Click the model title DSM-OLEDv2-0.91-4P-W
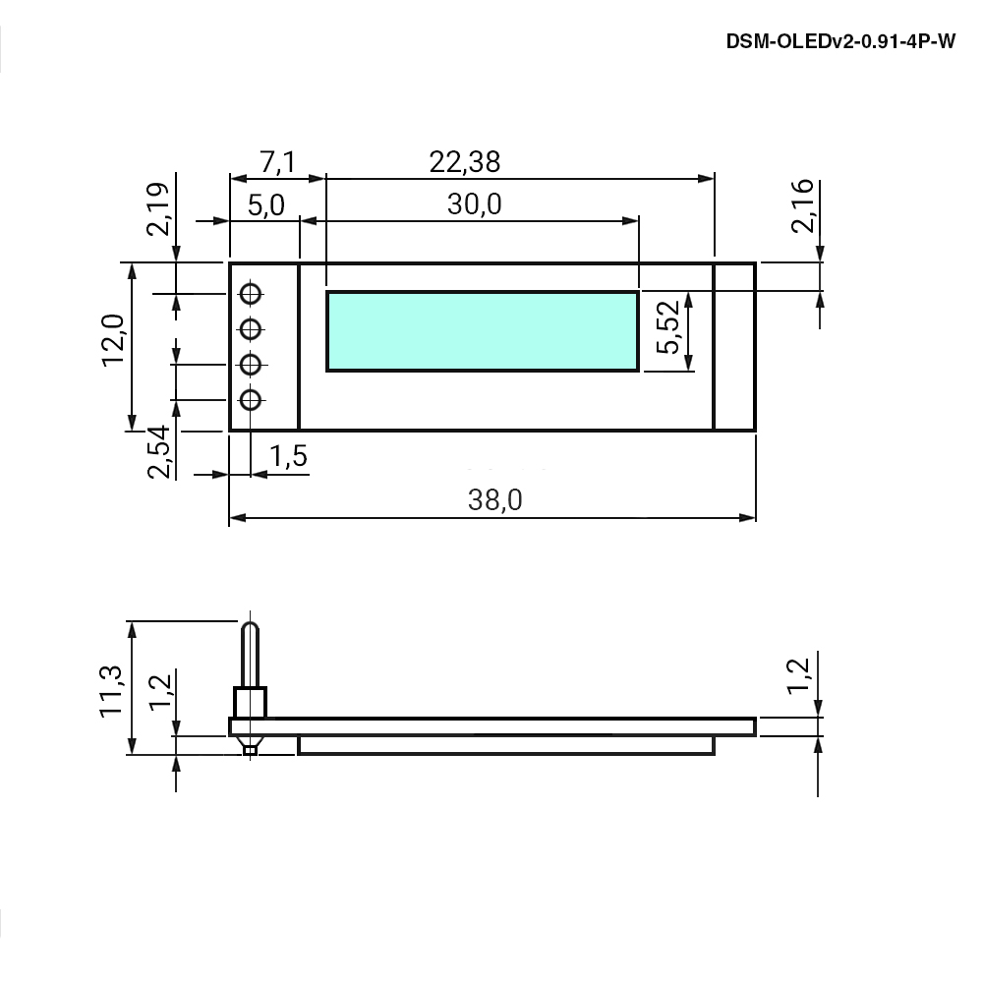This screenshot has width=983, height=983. (840, 41)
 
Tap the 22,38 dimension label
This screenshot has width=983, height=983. (465, 162)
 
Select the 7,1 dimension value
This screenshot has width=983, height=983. (278, 162)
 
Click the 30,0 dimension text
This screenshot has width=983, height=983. (474, 204)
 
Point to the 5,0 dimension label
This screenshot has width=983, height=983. (265, 205)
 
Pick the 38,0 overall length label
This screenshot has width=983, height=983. (494, 499)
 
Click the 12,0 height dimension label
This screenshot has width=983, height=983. (113, 340)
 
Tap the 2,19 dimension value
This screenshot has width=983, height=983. (157, 208)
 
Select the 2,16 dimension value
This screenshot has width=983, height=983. (802, 206)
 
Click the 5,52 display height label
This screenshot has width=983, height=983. (667, 327)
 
